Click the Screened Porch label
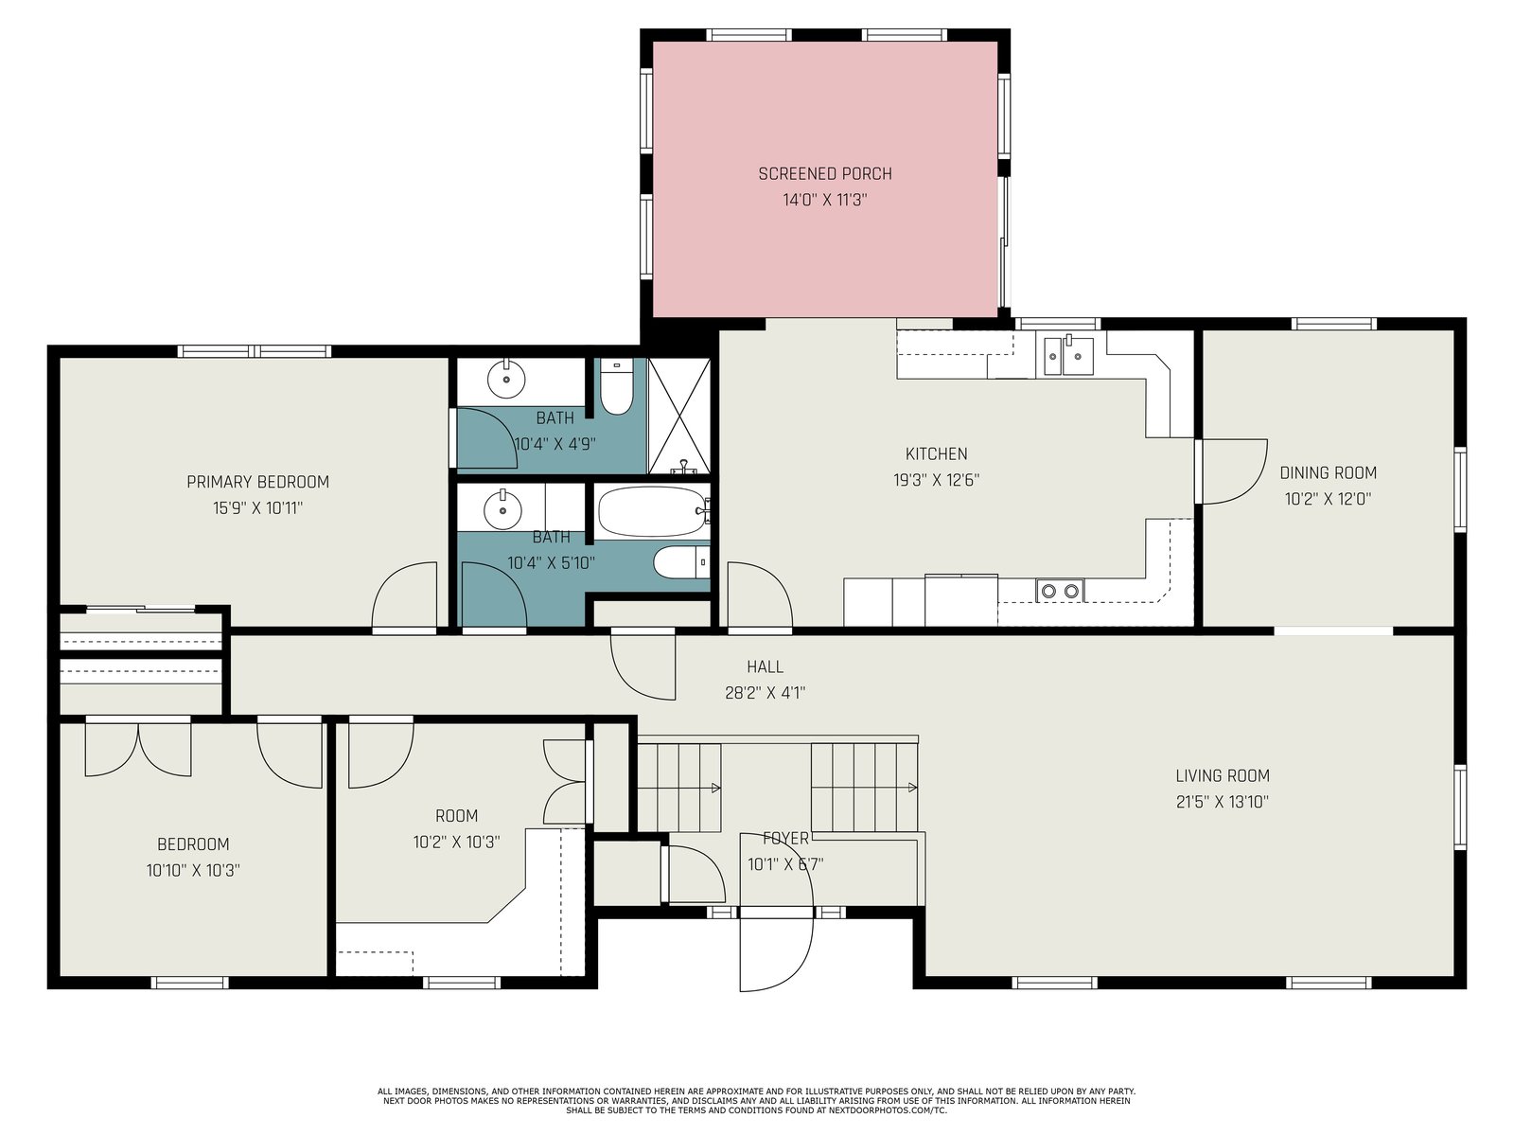(x=825, y=174)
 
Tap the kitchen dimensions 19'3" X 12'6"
(x=936, y=480)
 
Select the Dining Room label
(x=1328, y=473)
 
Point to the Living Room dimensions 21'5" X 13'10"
(x=1223, y=802)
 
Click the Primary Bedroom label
(x=258, y=482)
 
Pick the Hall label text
(x=765, y=667)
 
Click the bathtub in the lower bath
(x=652, y=512)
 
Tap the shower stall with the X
(x=679, y=416)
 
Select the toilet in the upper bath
(x=616, y=387)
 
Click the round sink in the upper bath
(x=506, y=378)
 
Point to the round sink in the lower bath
(x=502, y=509)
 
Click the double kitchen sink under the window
(x=1068, y=356)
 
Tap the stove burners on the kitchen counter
(x=1060, y=591)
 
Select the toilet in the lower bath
(x=681, y=563)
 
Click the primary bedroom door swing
(x=405, y=595)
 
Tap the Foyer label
(x=785, y=839)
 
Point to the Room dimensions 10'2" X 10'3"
(x=457, y=843)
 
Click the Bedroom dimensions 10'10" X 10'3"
(x=193, y=870)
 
